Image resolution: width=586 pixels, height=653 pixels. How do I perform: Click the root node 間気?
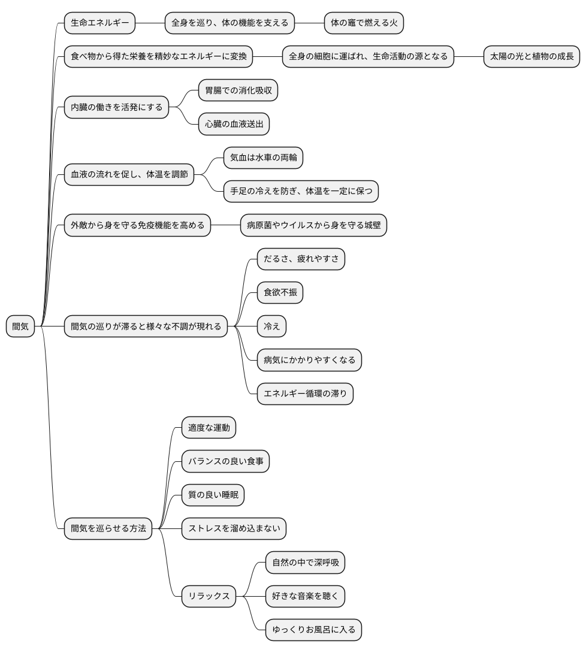(x=20, y=326)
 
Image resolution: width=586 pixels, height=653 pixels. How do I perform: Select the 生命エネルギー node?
(x=100, y=23)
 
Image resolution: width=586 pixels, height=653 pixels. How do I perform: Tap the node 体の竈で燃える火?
(x=364, y=23)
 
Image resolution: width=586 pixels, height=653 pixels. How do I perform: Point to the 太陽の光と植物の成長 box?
(x=531, y=57)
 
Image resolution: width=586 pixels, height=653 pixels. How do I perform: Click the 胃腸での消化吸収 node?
(x=238, y=90)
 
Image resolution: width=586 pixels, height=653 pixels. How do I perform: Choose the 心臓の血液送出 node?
(x=234, y=124)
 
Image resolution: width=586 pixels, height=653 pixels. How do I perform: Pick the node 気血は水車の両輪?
(x=263, y=158)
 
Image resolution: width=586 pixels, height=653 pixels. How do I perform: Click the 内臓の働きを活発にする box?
(x=117, y=107)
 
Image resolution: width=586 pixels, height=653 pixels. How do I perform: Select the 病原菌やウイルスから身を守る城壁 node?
(x=313, y=225)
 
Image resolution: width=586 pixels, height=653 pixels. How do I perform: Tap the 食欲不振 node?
(x=280, y=292)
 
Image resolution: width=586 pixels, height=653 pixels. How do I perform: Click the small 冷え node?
(x=272, y=326)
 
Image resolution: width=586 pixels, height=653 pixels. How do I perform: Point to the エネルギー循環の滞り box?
(x=306, y=394)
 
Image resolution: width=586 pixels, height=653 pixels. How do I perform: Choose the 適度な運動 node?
(x=209, y=427)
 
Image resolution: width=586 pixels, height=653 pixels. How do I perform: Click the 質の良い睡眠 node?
(x=213, y=495)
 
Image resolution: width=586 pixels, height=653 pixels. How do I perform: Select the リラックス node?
(x=209, y=596)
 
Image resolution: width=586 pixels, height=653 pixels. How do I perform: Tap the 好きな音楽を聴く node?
(x=306, y=596)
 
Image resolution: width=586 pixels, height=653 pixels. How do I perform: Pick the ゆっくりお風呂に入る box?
(x=313, y=630)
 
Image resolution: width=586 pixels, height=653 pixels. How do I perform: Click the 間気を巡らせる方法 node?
(x=108, y=528)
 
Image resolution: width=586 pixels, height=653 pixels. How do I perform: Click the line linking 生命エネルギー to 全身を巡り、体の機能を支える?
(x=150, y=23)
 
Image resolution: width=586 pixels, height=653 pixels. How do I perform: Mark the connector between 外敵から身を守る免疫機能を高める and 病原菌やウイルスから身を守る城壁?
(x=226, y=225)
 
